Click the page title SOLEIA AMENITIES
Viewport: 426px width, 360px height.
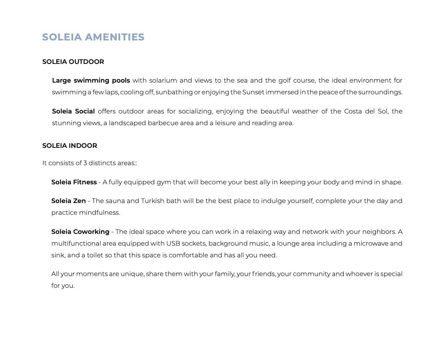tap(93, 37)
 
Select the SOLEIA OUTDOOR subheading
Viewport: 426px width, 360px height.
tap(73, 62)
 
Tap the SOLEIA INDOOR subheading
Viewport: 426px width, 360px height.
tap(70, 146)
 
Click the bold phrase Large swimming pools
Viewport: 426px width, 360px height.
tap(91, 80)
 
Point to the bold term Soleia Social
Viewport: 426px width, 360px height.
tap(73, 111)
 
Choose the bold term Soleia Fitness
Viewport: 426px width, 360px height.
tap(74, 182)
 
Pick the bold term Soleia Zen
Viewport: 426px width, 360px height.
tap(68, 201)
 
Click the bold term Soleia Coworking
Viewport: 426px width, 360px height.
tap(80, 232)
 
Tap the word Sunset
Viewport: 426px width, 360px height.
tap(253, 92)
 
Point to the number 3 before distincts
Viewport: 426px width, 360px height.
tap(85, 163)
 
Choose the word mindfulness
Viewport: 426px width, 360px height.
tap(99, 213)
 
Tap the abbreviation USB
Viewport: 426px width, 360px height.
tap(173, 243)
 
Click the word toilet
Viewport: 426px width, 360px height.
tap(95, 255)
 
